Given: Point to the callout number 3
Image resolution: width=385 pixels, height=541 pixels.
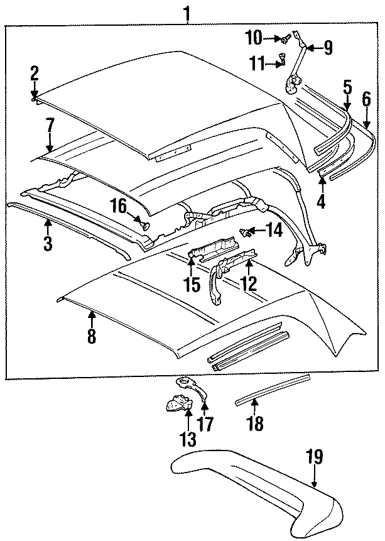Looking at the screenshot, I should pos(48,243).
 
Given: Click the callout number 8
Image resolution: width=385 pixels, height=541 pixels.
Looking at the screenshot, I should pos(92,336).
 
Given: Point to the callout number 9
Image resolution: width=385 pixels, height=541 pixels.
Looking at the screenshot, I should pos(327,47).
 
